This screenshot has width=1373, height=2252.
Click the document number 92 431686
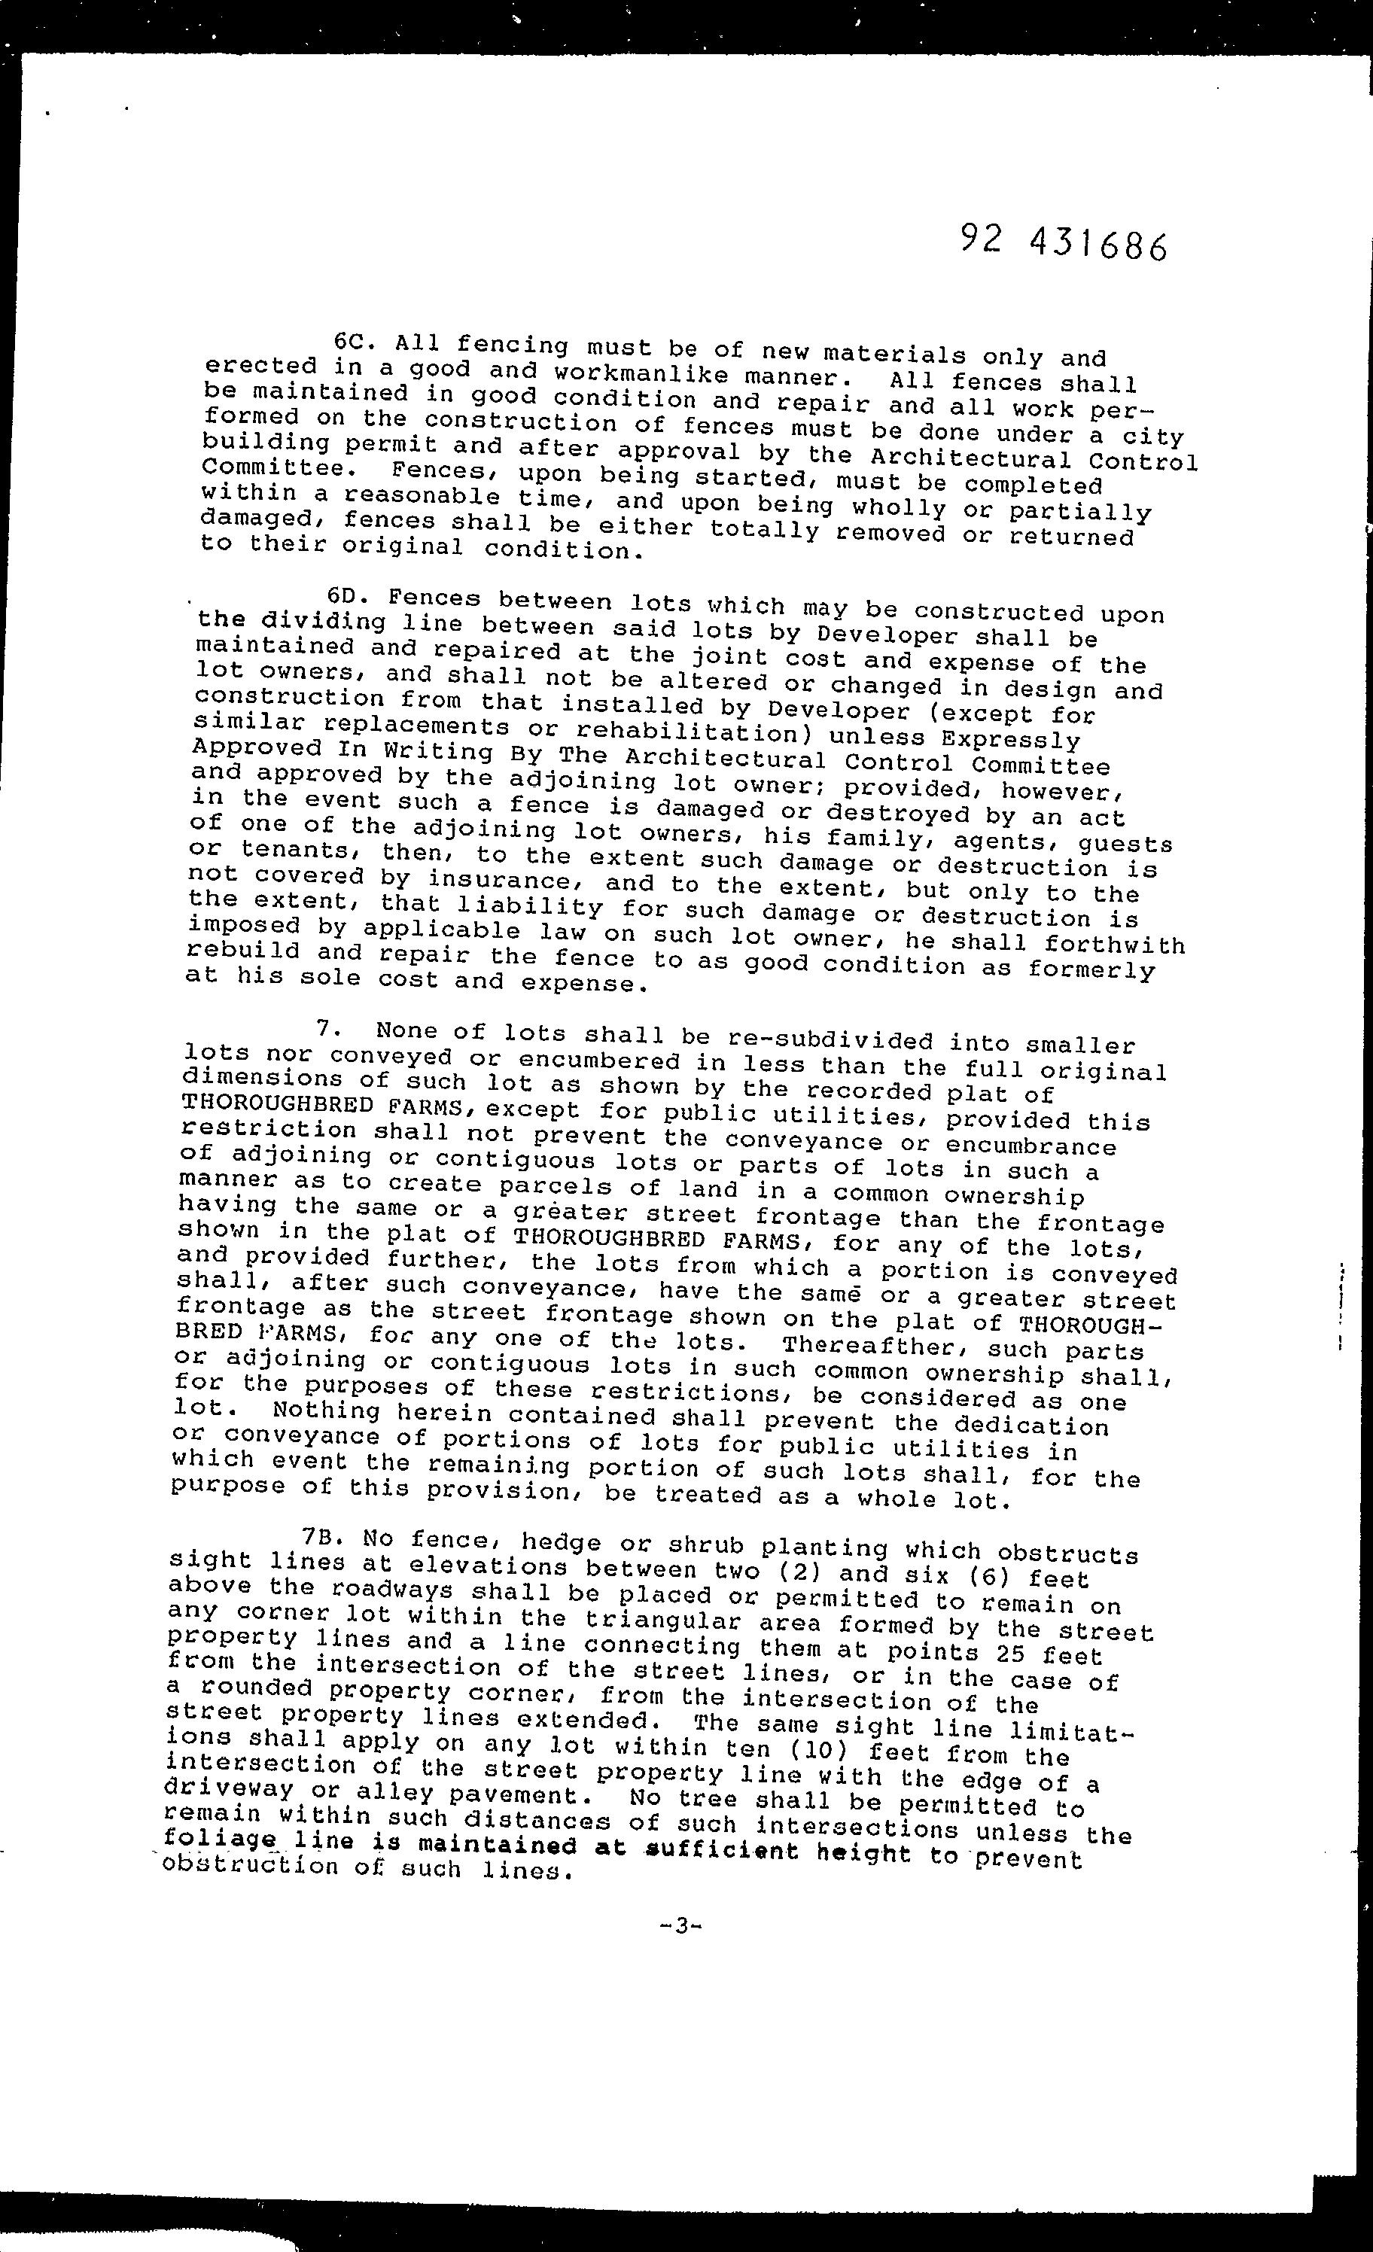[1063, 243]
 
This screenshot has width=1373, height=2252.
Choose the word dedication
[1031, 1425]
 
